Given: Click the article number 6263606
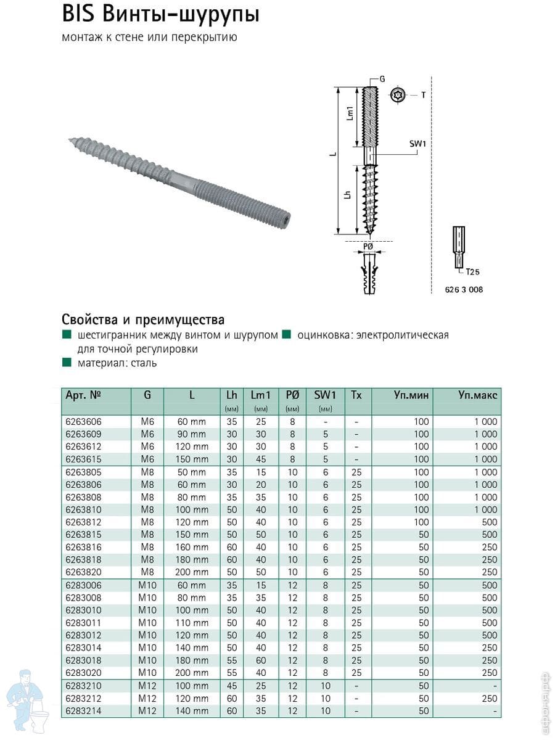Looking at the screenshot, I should point(83,422).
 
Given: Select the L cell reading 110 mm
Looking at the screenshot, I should point(192,623).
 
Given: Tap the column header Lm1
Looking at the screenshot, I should point(261,395).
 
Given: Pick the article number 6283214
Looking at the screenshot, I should point(83,711).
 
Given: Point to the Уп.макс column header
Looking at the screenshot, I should point(477,395).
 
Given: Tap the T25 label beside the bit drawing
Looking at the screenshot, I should point(472,271).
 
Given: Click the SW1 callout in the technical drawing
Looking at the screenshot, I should point(417,144).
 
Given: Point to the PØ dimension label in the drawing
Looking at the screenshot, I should point(368,246).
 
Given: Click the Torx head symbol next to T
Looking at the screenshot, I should point(398,95).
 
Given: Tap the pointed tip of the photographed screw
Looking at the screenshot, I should point(69,141).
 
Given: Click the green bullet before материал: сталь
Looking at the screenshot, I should point(66,363).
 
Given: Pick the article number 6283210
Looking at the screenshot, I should point(83,686).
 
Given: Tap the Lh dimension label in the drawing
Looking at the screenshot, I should point(348,195).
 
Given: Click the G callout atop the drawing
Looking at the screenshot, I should point(382,80).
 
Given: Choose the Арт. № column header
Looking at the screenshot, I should point(83,395).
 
